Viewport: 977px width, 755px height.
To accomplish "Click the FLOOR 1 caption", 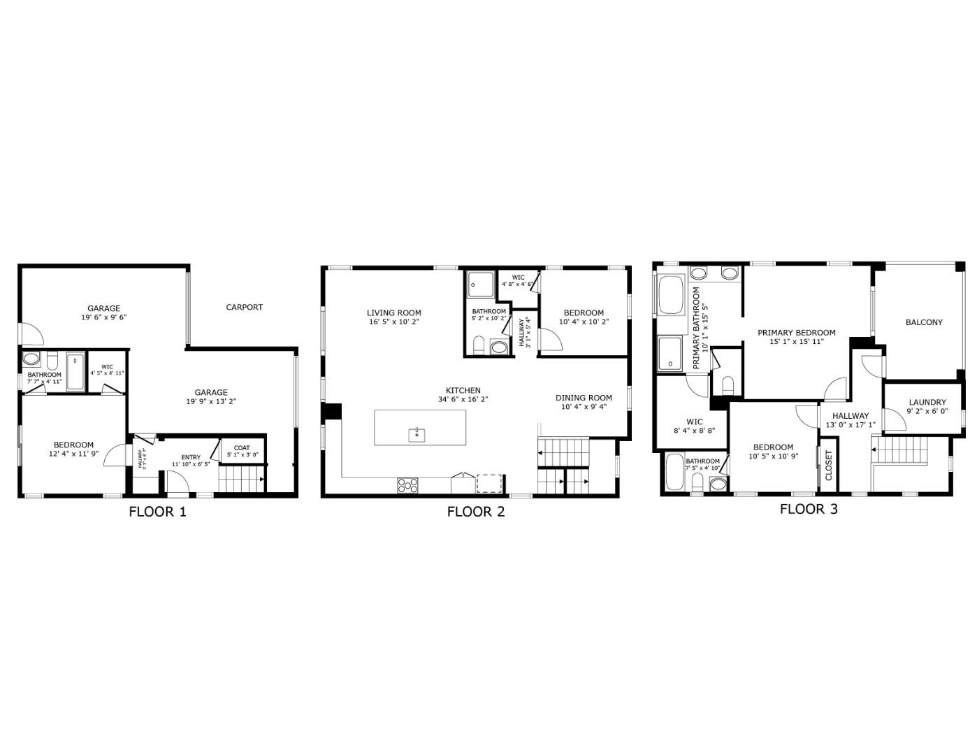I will click(x=157, y=511).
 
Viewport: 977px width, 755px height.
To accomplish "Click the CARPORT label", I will click(x=244, y=307).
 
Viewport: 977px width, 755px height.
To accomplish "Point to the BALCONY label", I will click(x=923, y=322).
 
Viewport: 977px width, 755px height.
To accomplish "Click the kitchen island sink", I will click(x=417, y=435).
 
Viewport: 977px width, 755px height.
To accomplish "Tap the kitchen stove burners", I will click(x=407, y=485).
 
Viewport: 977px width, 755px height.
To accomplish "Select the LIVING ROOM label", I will click(x=393, y=312).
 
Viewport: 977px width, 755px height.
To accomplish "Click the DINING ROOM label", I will click(x=584, y=398).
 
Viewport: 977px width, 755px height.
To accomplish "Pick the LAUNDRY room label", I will click(x=927, y=402).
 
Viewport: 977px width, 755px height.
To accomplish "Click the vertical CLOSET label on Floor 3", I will click(x=829, y=465).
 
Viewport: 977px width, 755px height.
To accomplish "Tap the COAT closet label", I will click(x=242, y=448).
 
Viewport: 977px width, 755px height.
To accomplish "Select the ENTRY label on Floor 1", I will click(x=191, y=457).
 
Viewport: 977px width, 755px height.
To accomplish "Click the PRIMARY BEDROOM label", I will click(x=796, y=333).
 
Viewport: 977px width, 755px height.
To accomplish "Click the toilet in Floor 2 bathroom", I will click(x=479, y=345).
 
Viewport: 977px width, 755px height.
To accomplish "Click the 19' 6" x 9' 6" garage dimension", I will click(x=103, y=317).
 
